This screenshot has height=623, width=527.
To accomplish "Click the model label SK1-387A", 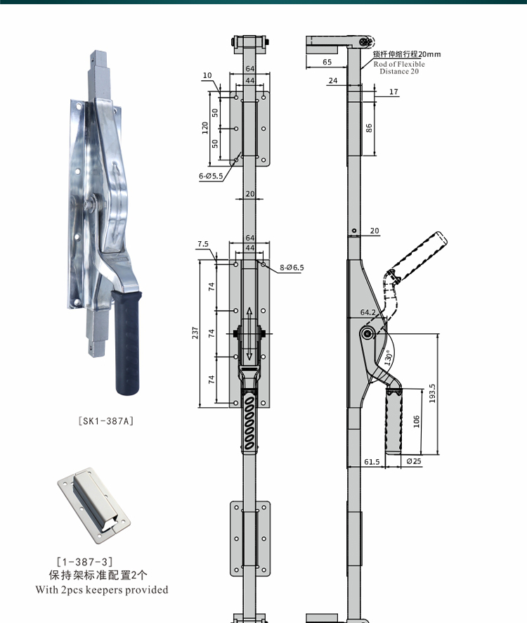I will (105, 421).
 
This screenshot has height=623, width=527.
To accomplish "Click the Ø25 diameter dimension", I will (414, 461).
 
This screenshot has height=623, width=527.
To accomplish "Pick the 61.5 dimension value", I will (372, 461).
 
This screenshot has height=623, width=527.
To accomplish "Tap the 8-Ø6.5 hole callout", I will (292, 268).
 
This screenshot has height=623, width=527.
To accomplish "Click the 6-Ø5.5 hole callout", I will (210, 176).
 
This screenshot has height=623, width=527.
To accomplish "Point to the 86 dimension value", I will (369, 127).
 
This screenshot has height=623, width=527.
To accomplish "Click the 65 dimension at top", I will (327, 63).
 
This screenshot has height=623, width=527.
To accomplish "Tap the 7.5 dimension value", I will (203, 244).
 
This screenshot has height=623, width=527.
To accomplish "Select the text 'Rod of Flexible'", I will (398, 64).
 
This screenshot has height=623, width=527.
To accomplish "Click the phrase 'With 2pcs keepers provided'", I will (102, 589).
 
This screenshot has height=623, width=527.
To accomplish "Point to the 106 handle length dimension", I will (417, 421).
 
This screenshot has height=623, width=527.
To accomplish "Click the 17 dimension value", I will (393, 91).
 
